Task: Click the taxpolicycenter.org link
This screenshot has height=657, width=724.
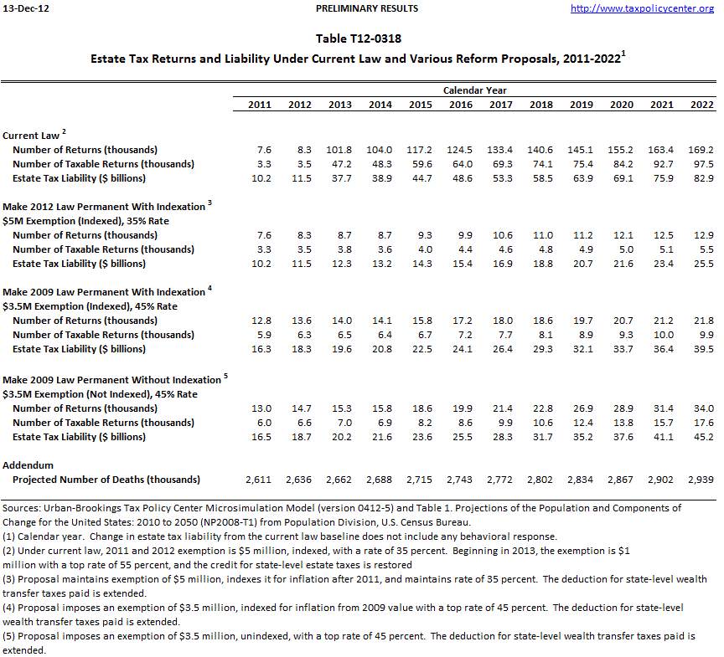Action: coord(641,8)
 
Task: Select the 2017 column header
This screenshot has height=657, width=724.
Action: coord(500,105)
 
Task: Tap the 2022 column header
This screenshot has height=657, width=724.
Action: coord(702,105)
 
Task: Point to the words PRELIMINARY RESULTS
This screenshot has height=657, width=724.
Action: coord(367,8)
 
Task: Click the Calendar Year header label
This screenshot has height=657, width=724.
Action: coord(474,90)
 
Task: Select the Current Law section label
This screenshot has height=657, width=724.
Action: coord(31,135)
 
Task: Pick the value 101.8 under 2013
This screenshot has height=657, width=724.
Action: coord(339,150)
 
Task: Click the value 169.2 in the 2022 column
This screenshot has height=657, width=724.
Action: coord(702,150)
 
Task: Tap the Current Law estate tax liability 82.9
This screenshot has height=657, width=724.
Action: coord(702,178)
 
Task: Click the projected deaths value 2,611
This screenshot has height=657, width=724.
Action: coord(258,480)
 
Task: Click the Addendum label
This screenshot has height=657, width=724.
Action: coord(28,465)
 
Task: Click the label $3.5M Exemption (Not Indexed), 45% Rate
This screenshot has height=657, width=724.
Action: coord(101,393)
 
